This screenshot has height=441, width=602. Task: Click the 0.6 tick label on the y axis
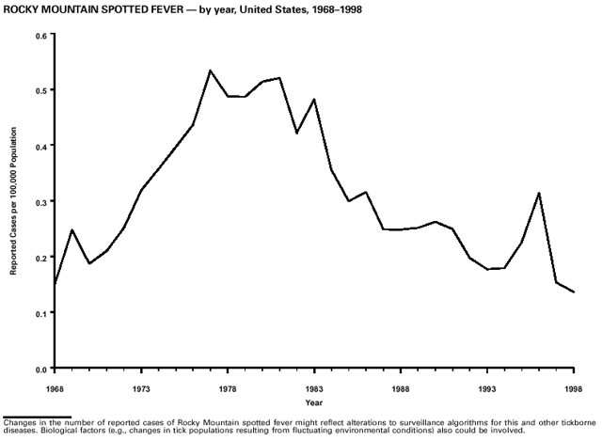41,36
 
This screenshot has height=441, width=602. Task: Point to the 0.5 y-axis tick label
41,90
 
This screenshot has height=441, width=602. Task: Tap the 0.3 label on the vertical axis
41,201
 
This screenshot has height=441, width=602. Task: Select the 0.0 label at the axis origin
41,368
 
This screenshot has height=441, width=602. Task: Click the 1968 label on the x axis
56,386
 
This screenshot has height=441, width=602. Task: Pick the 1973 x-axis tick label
141,386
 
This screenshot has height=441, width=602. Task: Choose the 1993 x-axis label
487,386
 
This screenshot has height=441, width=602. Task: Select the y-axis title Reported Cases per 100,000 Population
14,201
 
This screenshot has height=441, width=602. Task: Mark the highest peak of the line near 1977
211,71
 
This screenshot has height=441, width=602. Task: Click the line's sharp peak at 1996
539,193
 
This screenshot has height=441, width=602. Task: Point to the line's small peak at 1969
72,229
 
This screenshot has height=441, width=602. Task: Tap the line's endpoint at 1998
574,292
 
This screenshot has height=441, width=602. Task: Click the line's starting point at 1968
55,283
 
